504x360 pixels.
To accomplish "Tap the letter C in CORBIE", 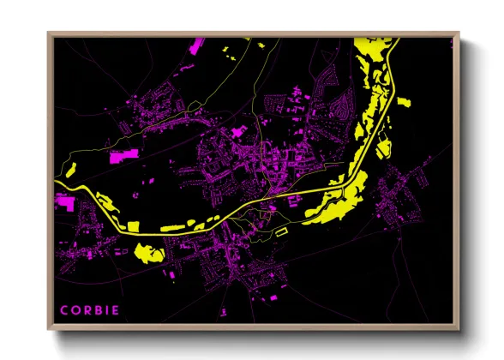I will [x=63, y=309].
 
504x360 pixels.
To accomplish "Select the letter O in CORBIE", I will [x=75, y=309].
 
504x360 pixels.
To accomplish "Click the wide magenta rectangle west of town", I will [x=123, y=156].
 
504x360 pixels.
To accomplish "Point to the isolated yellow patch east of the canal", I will [x=403, y=101].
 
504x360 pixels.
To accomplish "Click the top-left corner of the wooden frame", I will [x=48, y=33].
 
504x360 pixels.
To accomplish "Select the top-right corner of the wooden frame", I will [x=459, y=33].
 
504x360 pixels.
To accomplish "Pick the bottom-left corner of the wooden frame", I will [x=48, y=329].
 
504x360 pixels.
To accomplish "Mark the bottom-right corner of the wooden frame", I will [x=459, y=329].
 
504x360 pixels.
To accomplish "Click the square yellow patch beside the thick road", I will [x=133, y=225].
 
